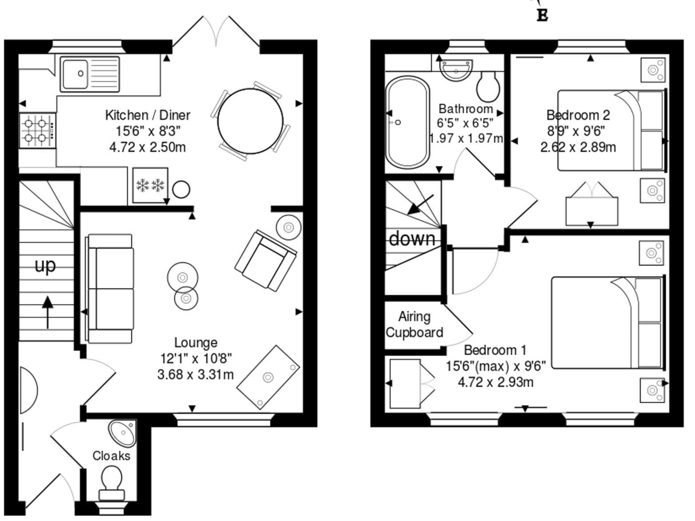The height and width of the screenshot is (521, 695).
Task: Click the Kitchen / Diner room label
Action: (148, 115)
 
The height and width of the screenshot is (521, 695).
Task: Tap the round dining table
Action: (250, 121)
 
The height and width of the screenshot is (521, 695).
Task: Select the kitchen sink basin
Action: (75, 74)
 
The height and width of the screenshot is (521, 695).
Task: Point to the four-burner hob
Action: (37, 131)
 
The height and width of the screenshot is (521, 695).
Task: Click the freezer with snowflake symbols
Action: (150, 185)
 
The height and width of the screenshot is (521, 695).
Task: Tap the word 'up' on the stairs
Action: (45, 266)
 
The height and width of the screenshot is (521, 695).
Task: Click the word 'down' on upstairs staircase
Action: (412, 239)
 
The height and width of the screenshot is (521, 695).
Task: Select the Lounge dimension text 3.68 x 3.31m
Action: (196, 375)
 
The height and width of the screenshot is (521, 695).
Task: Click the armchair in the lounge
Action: (266, 260)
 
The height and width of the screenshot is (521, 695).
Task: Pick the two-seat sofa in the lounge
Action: (110, 289)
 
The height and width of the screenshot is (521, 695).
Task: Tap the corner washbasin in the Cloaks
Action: (123, 433)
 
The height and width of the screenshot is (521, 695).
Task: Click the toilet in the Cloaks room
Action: (112, 485)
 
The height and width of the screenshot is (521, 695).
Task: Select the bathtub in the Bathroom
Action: (408, 122)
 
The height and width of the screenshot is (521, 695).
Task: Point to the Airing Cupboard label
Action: (415, 325)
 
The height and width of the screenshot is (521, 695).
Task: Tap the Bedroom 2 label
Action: (578, 115)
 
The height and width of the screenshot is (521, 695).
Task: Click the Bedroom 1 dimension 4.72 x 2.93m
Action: (495, 382)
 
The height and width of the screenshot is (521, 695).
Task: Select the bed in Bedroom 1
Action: (608, 322)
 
